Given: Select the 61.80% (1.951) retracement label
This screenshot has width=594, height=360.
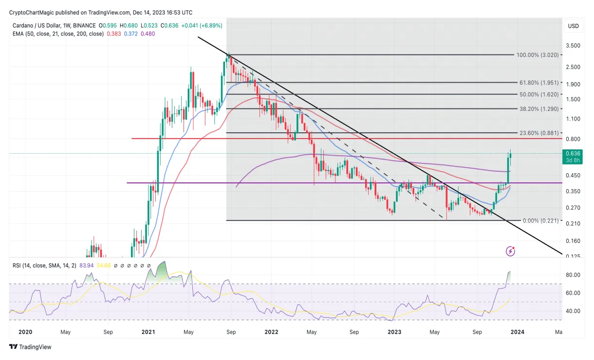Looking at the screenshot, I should point(539,83).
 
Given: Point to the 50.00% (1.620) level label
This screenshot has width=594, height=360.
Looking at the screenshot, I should point(539,94).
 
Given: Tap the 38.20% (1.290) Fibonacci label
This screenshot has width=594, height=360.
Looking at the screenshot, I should point(539,109).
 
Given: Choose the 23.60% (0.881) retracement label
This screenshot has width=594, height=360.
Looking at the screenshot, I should point(539,133).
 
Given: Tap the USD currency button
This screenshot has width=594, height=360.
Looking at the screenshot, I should point(573,26).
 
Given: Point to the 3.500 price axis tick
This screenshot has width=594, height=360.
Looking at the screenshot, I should point(574,46).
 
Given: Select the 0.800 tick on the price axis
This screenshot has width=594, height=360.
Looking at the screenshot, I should point(574,139).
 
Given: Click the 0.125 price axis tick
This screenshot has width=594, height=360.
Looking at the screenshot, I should point(574,256).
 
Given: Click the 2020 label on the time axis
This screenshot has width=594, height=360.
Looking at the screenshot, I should point(25,332).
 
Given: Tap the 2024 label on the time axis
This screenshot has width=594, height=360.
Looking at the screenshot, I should point(518,332).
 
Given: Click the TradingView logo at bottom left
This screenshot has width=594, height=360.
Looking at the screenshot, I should point(30,347).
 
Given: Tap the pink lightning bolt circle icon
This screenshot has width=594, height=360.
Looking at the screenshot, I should point(510,251).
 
